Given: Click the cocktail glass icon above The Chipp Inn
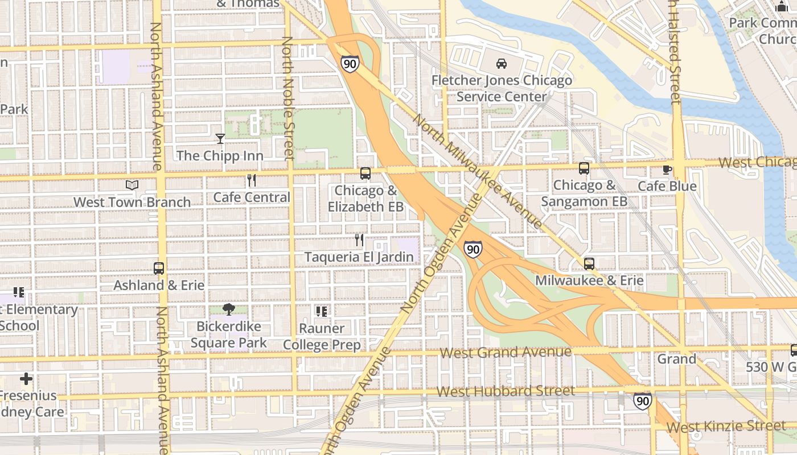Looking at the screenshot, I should (220, 138).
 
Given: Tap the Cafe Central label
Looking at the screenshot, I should (252, 197).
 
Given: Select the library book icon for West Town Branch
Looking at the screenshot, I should (132, 185).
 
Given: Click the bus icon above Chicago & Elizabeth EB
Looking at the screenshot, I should (365, 173).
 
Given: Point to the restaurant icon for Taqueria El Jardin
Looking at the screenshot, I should (359, 240).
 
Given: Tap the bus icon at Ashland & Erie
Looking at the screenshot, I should (159, 268).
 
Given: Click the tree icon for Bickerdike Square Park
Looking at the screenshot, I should (229, 309).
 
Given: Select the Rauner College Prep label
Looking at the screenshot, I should (322, 337).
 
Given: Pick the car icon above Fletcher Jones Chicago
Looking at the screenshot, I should (502, 64).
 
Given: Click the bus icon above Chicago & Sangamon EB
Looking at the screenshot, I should (584, 168).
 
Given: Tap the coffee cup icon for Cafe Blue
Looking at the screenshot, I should (667, 169).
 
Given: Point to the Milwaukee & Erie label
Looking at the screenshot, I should (589, 280).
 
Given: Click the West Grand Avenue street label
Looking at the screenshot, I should (505, 353).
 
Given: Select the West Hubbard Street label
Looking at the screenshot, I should (506, 391).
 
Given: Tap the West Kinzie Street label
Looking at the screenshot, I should (726, 426).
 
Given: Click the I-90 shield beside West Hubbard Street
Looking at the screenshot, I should (643, 401).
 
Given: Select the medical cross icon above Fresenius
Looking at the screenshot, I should (26, 379).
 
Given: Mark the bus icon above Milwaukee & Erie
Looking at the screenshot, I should (589, 264).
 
